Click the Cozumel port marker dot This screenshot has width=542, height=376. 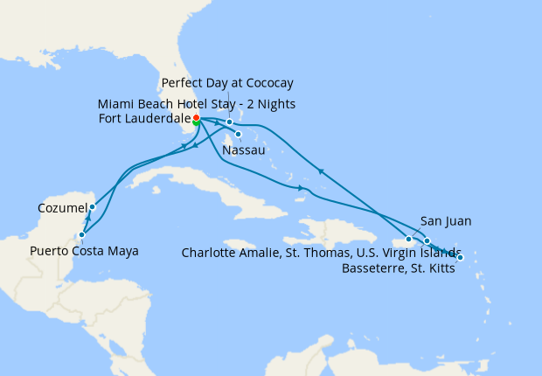click(x=92, y=207)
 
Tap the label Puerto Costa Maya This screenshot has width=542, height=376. click(x=84, y=251)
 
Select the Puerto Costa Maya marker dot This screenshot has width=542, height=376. click(x=81, y=234)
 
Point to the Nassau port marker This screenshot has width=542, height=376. click(x=238, y=134)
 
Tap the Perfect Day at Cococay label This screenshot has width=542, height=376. click(x=227, y=83)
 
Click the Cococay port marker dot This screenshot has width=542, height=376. click(x=229, y=122)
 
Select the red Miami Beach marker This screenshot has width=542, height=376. click(x=197, y=117)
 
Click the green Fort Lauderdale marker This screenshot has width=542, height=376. click(x=196, y=123)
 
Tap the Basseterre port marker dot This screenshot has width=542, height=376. click(x=460, y=257)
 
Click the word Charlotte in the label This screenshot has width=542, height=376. click(x=210, y=254)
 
